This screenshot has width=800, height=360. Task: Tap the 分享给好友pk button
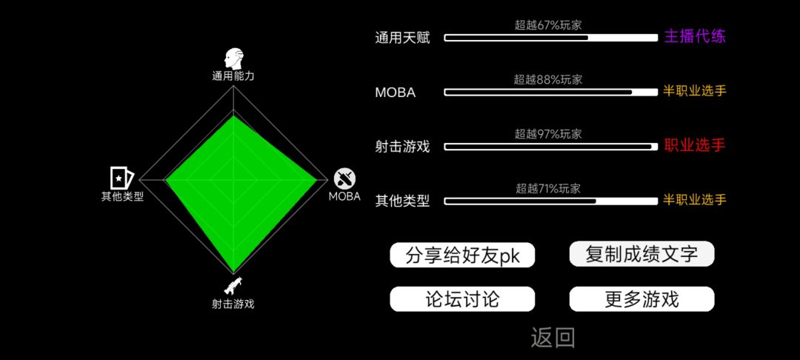pos(462,255)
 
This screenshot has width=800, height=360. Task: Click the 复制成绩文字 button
pos(641,254)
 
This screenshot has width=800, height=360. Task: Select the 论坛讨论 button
pos(462,299)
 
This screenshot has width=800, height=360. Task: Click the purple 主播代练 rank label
pos(694,37)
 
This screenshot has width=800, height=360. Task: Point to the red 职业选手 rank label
pos(694,146)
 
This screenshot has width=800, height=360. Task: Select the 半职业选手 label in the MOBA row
pos(694,91)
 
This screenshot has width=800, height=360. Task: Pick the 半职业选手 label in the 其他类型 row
pos(694,200)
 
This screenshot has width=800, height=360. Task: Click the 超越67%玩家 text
pos(548,25)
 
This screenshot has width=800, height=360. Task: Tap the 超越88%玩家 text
pos(548,79)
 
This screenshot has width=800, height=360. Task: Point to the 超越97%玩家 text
pos(548,134)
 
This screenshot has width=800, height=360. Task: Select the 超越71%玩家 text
pos(548,189)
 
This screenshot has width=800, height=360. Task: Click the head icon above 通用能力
pos(233,59)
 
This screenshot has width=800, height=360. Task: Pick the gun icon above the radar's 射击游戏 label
pos(233,286)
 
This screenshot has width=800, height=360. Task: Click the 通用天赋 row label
pos(402,39)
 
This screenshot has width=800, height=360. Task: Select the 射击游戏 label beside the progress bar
pos(402,147)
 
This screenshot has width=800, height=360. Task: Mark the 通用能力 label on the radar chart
pos(233,76)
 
